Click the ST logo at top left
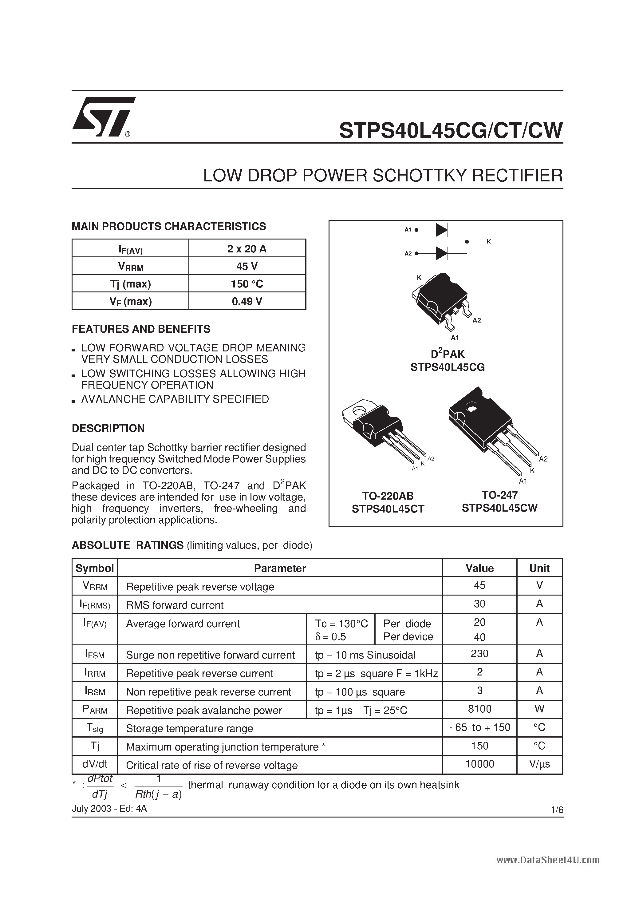pos(103,117)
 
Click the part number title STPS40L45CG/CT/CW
pos(451,130)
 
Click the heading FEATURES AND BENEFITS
pos(141,329)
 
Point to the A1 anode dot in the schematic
pos(416,230)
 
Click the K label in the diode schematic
pos(489,242)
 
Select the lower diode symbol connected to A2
pos(441,253)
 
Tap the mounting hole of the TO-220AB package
pos(358,411)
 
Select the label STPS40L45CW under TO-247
pos(499,508)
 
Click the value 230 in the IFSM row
pos(479,654)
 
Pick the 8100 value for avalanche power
pos(479,709)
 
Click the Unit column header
pos(539,568)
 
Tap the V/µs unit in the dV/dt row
pos(539,764)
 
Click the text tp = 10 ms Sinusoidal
pos(365,655)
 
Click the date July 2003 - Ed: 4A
pos(109,809)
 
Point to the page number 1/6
pos(556,810)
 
